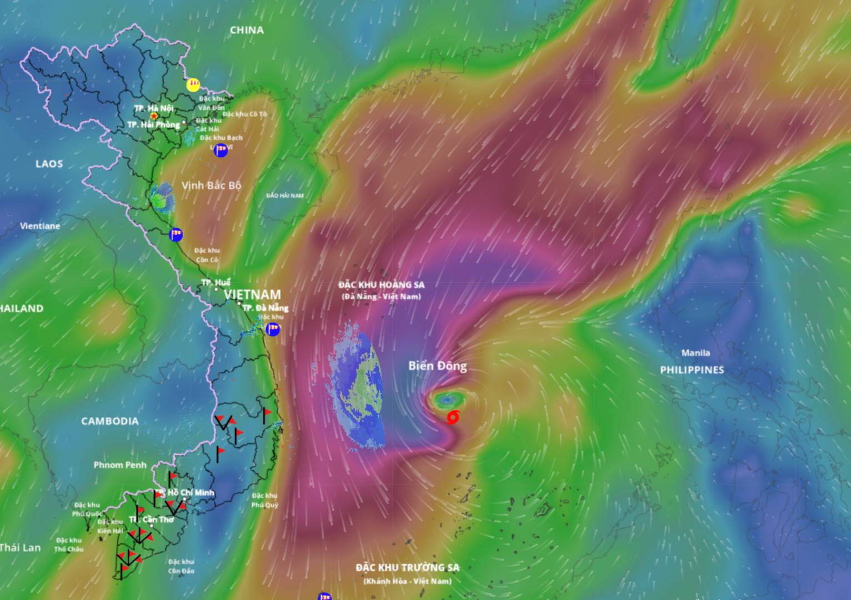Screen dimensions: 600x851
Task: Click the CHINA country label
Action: coord(247,30)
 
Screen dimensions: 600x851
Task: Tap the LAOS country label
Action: coord(49,164)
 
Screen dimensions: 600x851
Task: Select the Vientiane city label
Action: coord(40,226)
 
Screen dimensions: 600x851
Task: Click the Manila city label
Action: coord(695,353)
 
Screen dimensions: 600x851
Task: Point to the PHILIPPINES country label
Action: coord(692,370)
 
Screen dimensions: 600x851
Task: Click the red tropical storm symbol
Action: coord(453,417)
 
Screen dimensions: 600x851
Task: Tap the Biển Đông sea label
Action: coord(437,366)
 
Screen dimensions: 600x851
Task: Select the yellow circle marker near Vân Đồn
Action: coord(193,84)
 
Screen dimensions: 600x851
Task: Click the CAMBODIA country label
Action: coord(110,421)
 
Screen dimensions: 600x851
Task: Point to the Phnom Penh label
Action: coord(120,465)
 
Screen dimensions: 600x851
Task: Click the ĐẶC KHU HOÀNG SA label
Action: coord(382,285)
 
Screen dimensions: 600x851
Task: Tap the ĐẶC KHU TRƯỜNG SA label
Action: coord(408,568)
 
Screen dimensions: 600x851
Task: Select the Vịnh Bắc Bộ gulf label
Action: coord(212,185)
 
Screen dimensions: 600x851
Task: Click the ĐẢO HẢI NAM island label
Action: coord(285,196)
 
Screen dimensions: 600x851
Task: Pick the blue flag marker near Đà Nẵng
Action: coord(273,329)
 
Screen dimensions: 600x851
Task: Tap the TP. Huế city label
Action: coord(216,283)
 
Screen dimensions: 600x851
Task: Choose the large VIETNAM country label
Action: coord(253,294)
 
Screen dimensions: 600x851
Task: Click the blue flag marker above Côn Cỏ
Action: coord(176,234)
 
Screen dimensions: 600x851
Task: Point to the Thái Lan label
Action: coord(21,548)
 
